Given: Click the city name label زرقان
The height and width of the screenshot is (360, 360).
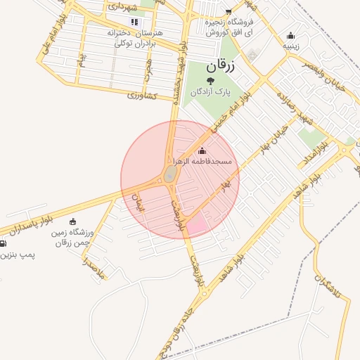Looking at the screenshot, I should point(219,67).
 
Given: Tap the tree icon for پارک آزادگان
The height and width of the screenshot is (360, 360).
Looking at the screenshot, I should point(210,82).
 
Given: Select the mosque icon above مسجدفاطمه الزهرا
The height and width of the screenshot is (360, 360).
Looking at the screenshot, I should point(202,150).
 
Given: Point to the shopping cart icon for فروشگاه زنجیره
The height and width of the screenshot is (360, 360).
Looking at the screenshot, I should point(228,12).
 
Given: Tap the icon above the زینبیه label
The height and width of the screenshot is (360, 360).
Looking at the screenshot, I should point(291,37).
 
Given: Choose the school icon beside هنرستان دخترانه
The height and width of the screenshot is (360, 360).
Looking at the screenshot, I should point(134,22).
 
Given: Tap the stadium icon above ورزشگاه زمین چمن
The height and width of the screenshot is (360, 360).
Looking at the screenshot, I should point(73,222).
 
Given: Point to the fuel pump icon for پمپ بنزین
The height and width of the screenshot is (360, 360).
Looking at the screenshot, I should point(3,243).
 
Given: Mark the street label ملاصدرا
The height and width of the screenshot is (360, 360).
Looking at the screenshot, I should point(93,270).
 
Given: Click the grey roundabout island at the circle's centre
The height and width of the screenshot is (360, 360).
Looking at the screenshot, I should point(170,174).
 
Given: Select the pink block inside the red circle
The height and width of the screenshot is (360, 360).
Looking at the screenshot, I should point(196,224).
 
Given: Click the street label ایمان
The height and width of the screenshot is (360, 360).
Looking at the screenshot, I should point(138,203).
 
